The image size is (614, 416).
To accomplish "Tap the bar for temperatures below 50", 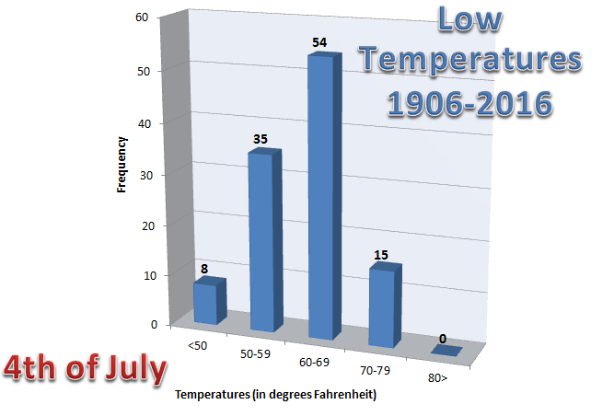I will [x=206, y=304].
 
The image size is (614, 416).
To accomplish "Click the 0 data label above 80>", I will [x=444, y=339].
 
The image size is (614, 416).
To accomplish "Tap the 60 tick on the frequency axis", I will [x=141, y=17].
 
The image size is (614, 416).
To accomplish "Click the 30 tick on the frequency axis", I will [x=141, y=174].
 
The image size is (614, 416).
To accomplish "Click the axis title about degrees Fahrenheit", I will [x=276, y=396].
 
